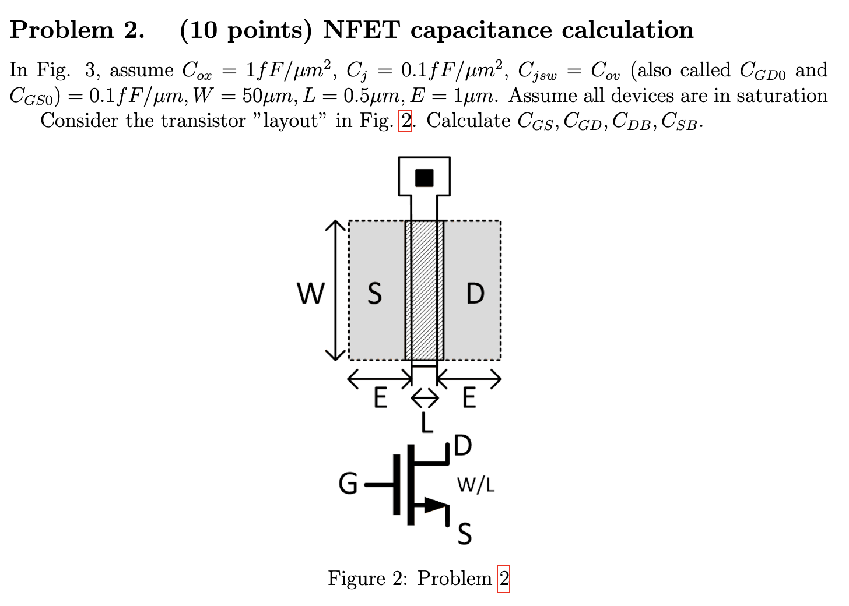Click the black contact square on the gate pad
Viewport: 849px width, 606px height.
pos(424,178)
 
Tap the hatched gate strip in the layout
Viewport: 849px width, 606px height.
pos(424,290)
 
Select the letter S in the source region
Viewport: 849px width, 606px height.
pos(374,293)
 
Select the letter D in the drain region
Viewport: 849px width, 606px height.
pos(475,293)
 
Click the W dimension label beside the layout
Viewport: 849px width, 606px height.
pos(310,293)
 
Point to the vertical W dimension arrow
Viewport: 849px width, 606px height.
pos(335,290)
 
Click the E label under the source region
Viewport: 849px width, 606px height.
pos(380,399)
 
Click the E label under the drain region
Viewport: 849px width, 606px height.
pos(469,399)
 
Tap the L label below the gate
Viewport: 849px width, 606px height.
pos(427,422)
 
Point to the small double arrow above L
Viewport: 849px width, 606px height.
pos(424,399)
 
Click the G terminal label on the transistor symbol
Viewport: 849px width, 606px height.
pos(348,484)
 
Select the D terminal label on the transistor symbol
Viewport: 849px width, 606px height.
pos(462,446)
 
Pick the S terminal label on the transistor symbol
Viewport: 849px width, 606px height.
pos(464,533)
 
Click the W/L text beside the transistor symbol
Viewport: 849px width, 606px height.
pos(475,485)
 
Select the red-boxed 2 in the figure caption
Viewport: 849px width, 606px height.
pos(503,579)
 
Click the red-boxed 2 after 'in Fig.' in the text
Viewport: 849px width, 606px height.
pos(405,121)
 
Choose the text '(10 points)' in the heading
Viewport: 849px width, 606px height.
pos(245,30)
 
